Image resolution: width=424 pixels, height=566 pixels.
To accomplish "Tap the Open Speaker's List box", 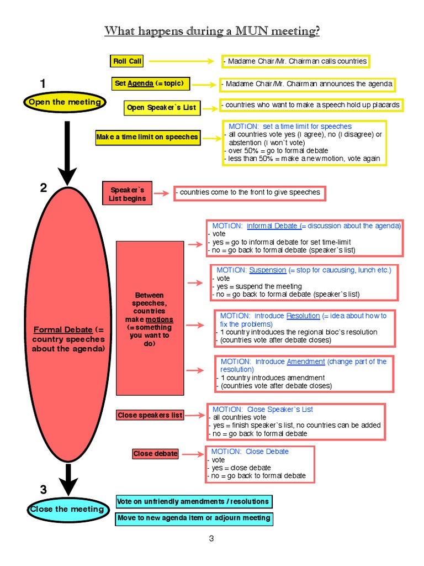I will (x=161, y=108).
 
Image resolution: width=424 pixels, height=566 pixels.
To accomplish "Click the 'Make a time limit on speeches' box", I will (x=147, y=137).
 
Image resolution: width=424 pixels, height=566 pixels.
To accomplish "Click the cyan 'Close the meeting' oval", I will (x=66, y=509).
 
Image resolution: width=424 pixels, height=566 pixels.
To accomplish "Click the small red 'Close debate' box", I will (x=155, y=454).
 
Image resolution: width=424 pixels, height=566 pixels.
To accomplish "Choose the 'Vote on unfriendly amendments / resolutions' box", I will (x=193, y=501).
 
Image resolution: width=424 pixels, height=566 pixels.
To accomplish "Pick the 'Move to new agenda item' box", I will (x=193, y=518).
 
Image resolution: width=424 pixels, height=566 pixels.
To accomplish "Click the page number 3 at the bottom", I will (x=211, y=539).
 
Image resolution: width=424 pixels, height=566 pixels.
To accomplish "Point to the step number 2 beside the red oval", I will (x=44, y=188).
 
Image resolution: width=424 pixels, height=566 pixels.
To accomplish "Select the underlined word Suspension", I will (x=267, y=270).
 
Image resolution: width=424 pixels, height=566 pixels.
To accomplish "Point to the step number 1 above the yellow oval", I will (x=43, y=84).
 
